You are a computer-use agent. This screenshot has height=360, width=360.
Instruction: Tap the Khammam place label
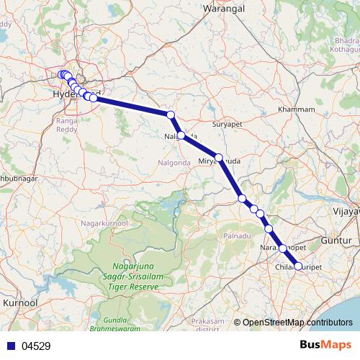tap(296, 109)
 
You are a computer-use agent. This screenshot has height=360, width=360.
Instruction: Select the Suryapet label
tap(229, 125)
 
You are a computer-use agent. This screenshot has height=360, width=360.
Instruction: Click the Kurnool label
tap(20, 304)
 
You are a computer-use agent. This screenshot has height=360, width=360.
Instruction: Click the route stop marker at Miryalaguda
tap(219, 157)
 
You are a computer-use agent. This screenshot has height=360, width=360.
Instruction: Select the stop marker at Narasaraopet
tap(282, 248)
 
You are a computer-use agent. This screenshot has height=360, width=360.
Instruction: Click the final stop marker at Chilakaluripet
tap(299, 266)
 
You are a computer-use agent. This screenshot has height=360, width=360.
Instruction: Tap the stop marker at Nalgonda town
tap(181, 135)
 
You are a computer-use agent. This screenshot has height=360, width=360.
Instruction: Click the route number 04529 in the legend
tap(36, 346)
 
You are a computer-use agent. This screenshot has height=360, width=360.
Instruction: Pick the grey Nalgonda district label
tap(173, 163)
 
